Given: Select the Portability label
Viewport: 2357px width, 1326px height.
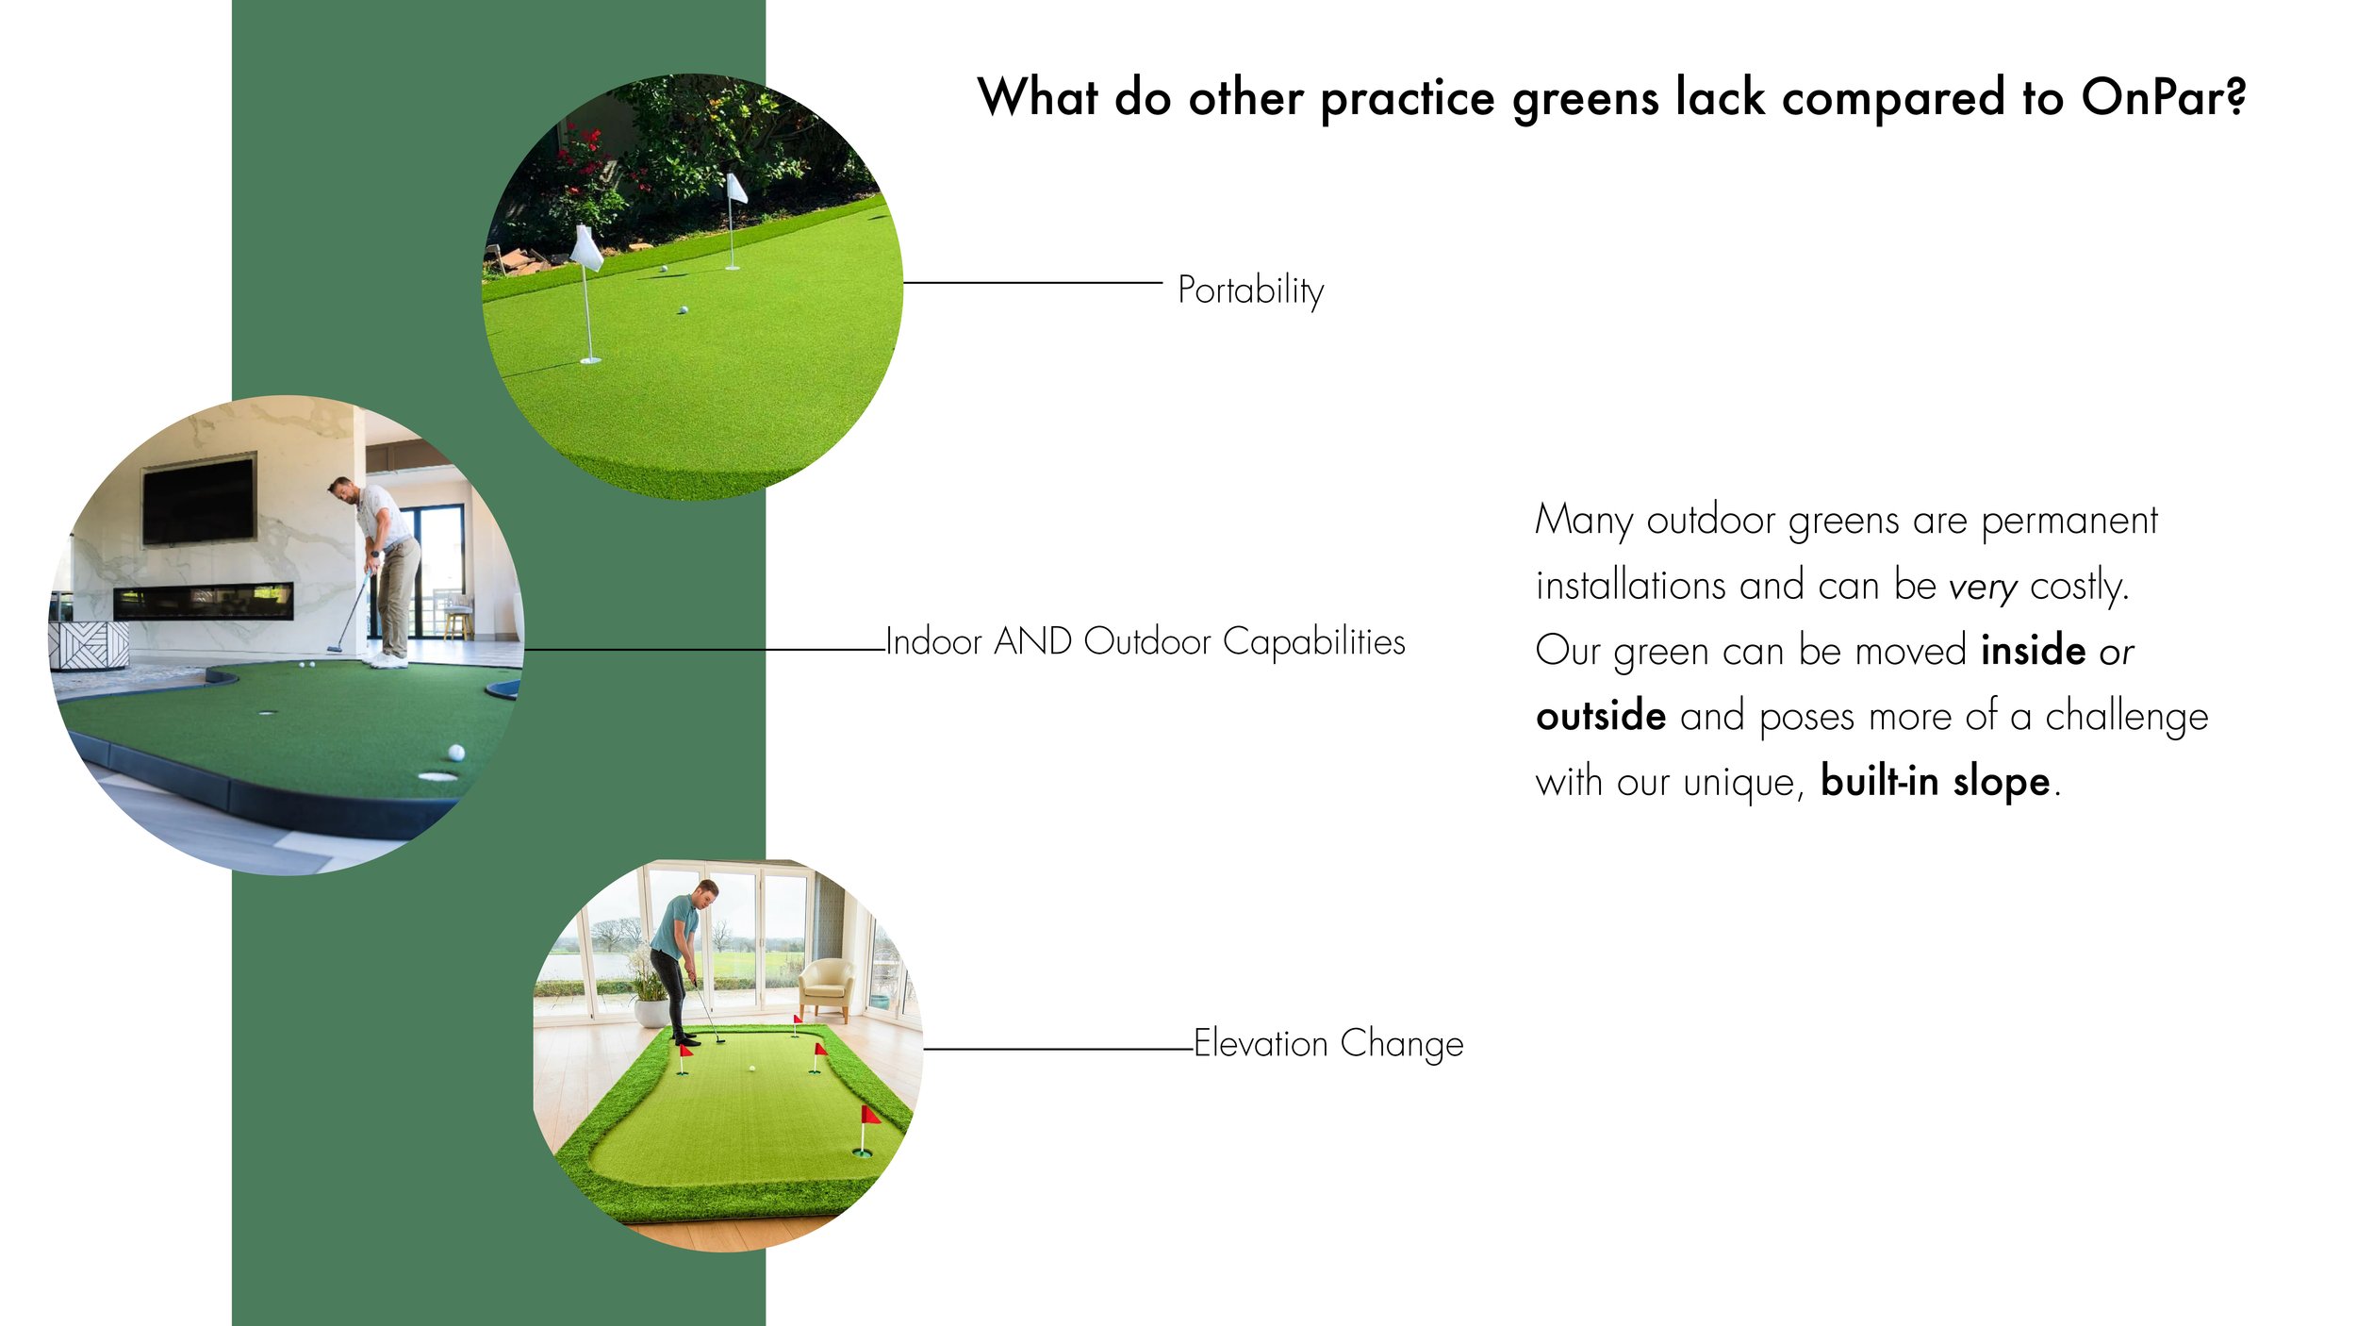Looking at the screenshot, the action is (1250, 290).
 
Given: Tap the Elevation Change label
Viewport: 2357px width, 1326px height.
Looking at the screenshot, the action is (1328, 1044).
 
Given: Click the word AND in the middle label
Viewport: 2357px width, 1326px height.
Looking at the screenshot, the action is (1033, 642).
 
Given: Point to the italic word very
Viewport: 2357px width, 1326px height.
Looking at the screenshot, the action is (1983, 588).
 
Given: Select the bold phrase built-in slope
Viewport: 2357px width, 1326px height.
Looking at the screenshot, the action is (1935, 782).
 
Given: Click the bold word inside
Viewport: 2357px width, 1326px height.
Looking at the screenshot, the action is (2033, 652).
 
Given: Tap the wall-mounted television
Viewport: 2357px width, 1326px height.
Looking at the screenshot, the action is (198, 501).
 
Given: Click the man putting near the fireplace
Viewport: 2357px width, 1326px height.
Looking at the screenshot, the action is (387, 566).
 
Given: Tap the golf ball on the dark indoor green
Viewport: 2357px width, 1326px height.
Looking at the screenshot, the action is (456, 753).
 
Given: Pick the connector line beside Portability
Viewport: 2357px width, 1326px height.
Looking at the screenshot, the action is (1032, 282).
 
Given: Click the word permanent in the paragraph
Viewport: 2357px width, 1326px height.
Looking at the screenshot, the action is (2069, 521).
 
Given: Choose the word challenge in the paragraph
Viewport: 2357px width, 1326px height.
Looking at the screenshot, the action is (2126, 717).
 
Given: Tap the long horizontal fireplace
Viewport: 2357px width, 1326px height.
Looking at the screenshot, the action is (203, 601).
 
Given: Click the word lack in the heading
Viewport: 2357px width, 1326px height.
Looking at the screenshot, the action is (1720, 97).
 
